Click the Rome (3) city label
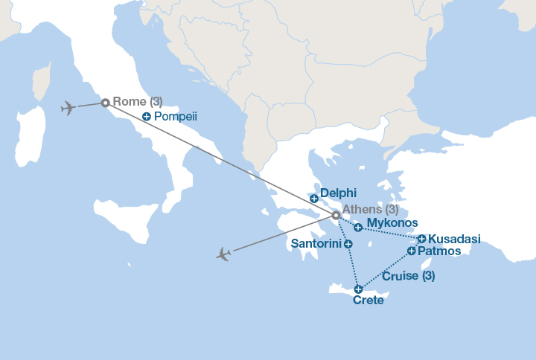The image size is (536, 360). tap(137, 102)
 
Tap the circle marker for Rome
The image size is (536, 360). tap(106, 103)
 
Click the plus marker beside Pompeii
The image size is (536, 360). tap(147, 117)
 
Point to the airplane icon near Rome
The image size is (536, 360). tap(68, 108)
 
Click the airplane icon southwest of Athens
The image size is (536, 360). tap(223, 254)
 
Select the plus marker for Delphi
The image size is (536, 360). tap(314, 199)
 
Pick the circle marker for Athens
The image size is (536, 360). tap(336, 215)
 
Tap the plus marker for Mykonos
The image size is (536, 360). tap(358, 228)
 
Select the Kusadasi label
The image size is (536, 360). tap(455, 239)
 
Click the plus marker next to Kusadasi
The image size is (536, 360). tap(422, 239)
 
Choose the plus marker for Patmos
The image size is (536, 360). tap(412, 251)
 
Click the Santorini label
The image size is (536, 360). tap(316, 243)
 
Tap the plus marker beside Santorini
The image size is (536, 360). tap(348, 243)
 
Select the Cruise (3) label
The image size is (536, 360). tap(408, 276)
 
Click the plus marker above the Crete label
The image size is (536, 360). tap(359, 289)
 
